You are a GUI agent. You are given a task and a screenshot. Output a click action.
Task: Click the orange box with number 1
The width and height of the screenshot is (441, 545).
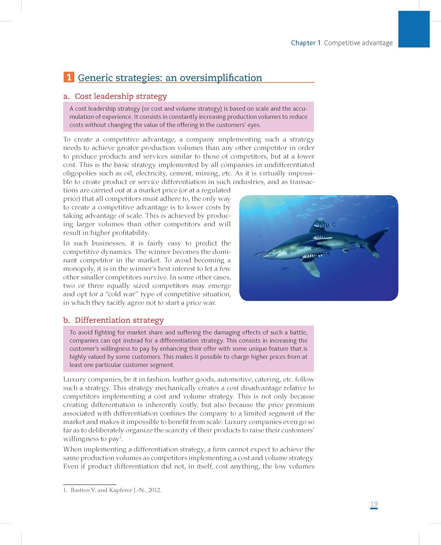pos(69,77)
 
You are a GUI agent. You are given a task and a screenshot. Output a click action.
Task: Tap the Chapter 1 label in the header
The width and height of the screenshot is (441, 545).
pos(306,43)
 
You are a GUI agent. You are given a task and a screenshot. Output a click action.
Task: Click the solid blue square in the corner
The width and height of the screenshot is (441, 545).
pos(414,29)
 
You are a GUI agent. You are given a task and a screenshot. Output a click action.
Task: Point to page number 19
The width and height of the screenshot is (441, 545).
pos(374,504)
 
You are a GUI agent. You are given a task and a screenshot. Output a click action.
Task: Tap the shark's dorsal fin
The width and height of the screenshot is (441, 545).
pos(317,225)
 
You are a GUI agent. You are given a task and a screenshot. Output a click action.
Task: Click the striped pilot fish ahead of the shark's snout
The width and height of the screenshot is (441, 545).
pos(259,254)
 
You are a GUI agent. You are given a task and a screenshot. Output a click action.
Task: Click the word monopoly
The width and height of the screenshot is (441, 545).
pos(79,269)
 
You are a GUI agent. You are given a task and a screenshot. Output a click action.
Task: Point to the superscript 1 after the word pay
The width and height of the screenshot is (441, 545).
pos(120,437)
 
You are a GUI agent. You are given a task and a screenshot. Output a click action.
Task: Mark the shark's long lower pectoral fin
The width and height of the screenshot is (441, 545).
pos(311,267)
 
